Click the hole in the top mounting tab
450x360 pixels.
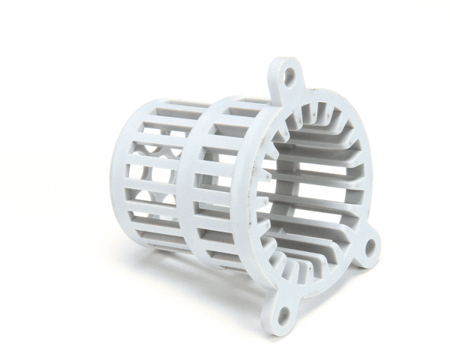click(x=289, y=75)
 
